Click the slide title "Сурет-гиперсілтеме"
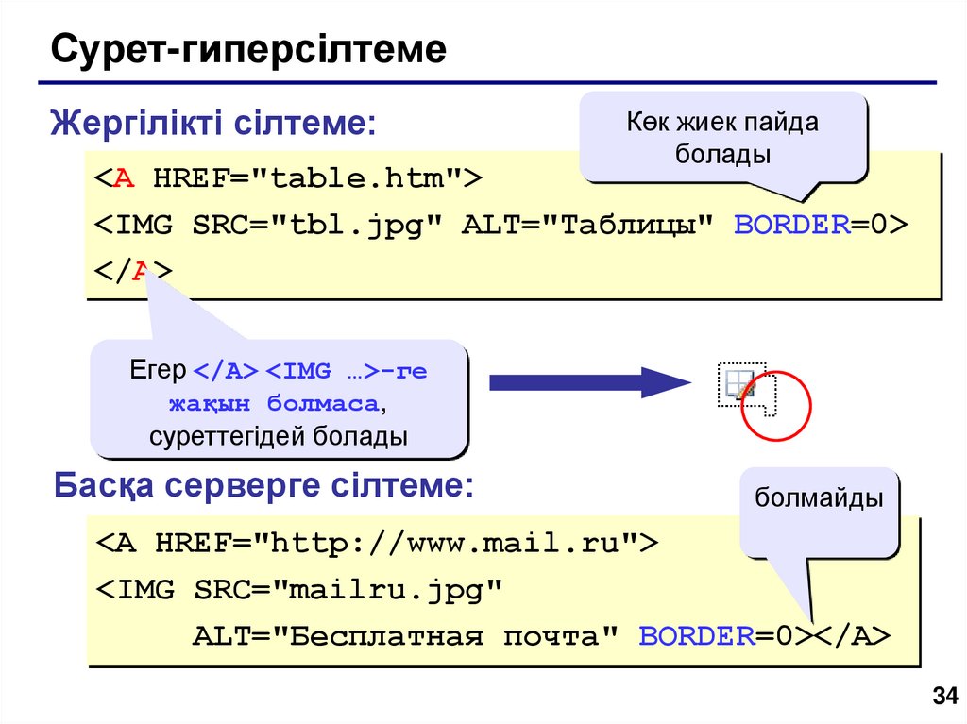click(248, 49)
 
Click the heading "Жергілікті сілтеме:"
click(213, 123)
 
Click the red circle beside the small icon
click(776, 407)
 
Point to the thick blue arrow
click(590, 382)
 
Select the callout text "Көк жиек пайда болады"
click(722, 137)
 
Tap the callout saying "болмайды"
click(819, 497)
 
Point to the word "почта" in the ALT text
click(551, 636)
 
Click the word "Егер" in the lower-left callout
click(158, 371)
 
